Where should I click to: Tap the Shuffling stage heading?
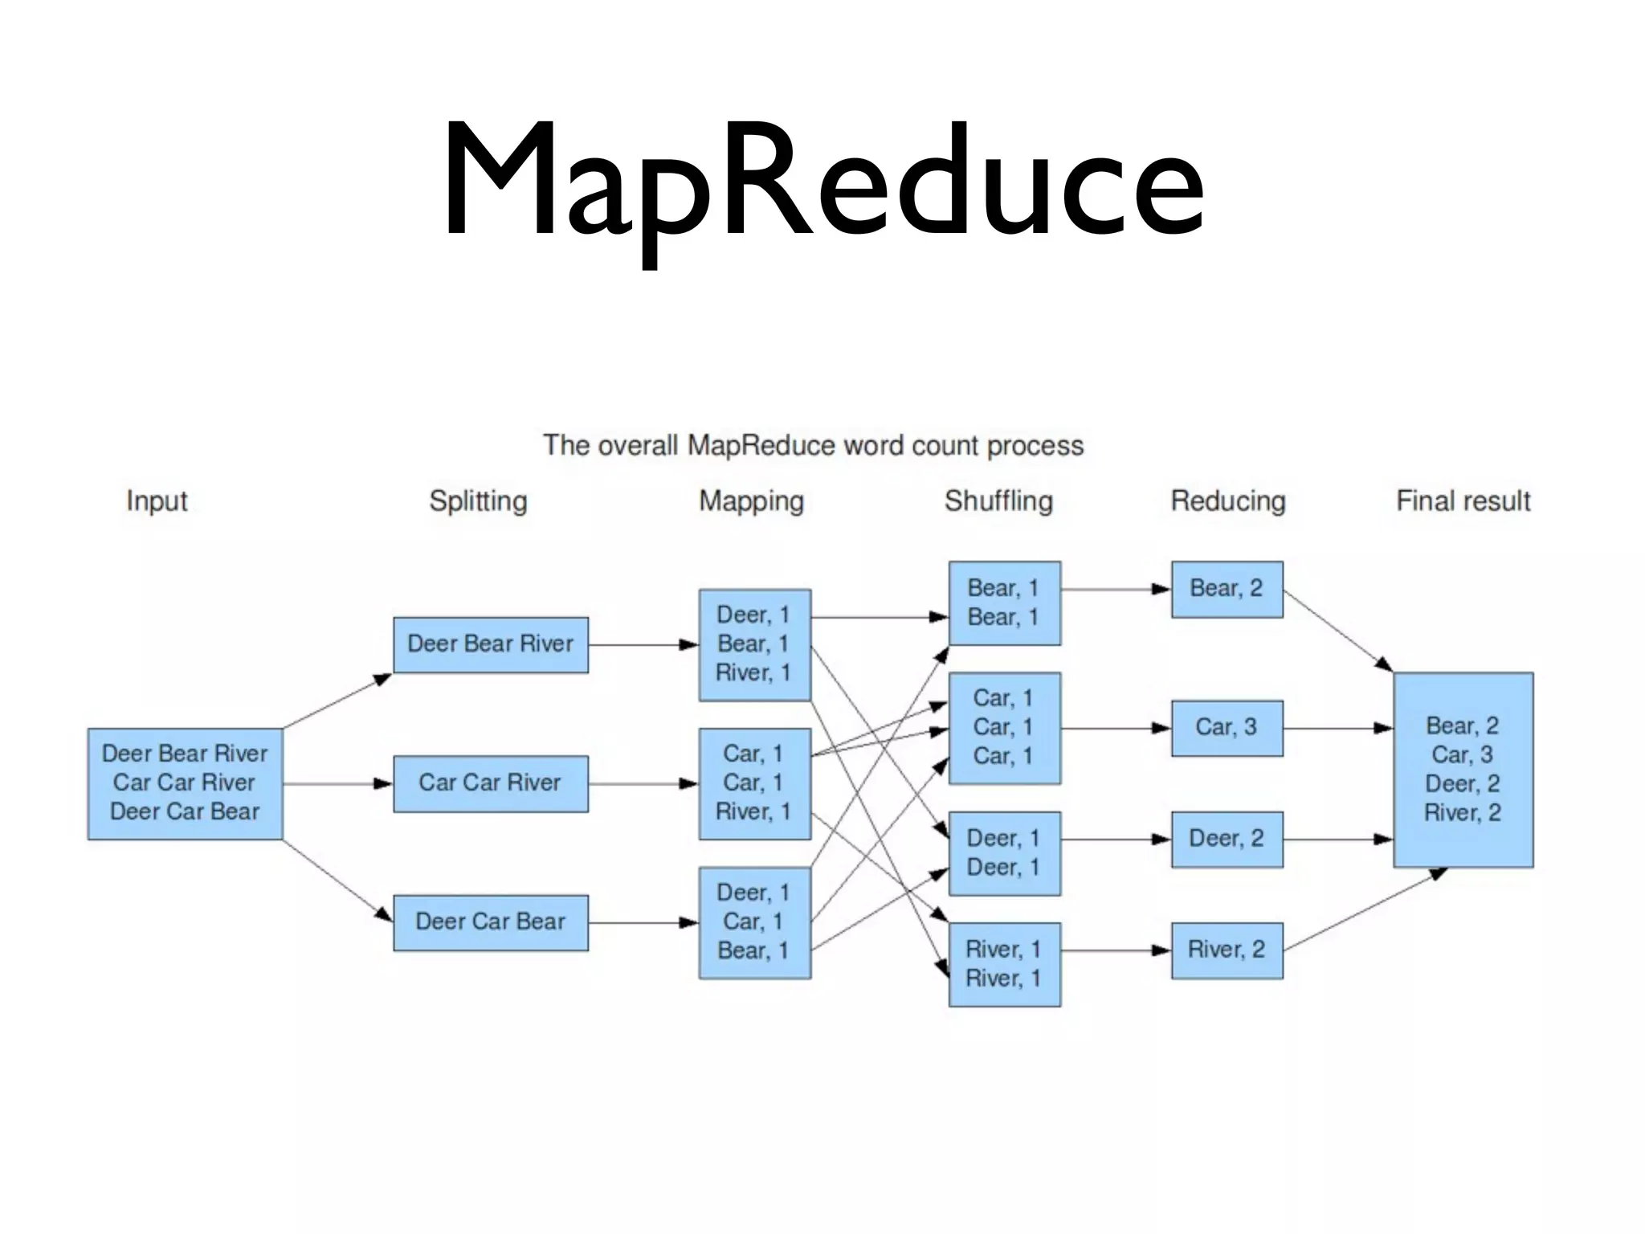[x=998, y=501]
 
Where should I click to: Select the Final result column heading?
[x=1463, y=501]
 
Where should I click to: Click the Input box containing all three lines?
[x=185, y=783]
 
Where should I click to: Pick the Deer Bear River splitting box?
[x=490, y=644]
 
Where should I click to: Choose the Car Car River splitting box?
[x=490, y=783]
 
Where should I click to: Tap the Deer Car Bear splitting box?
[x=490, y=922]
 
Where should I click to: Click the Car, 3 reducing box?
[x=1227, y=728]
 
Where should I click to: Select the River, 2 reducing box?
[x=1227, y=950]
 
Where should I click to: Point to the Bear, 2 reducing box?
[x=1227, y=589]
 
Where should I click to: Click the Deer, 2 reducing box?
[x=1227, y=839]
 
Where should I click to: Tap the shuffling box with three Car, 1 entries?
[x=1004, y=728]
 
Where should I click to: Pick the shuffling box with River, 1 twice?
[x=1004, y=964]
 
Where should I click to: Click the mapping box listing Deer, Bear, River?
[x=754, y=644]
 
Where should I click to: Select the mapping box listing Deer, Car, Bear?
[x=754, y=922]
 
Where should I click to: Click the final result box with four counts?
[x=1463, y=770]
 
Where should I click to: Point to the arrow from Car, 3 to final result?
[x=1337, y=728]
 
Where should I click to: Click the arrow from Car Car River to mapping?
[x=643, y=783]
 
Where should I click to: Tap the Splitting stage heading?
[x=478, y=501]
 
